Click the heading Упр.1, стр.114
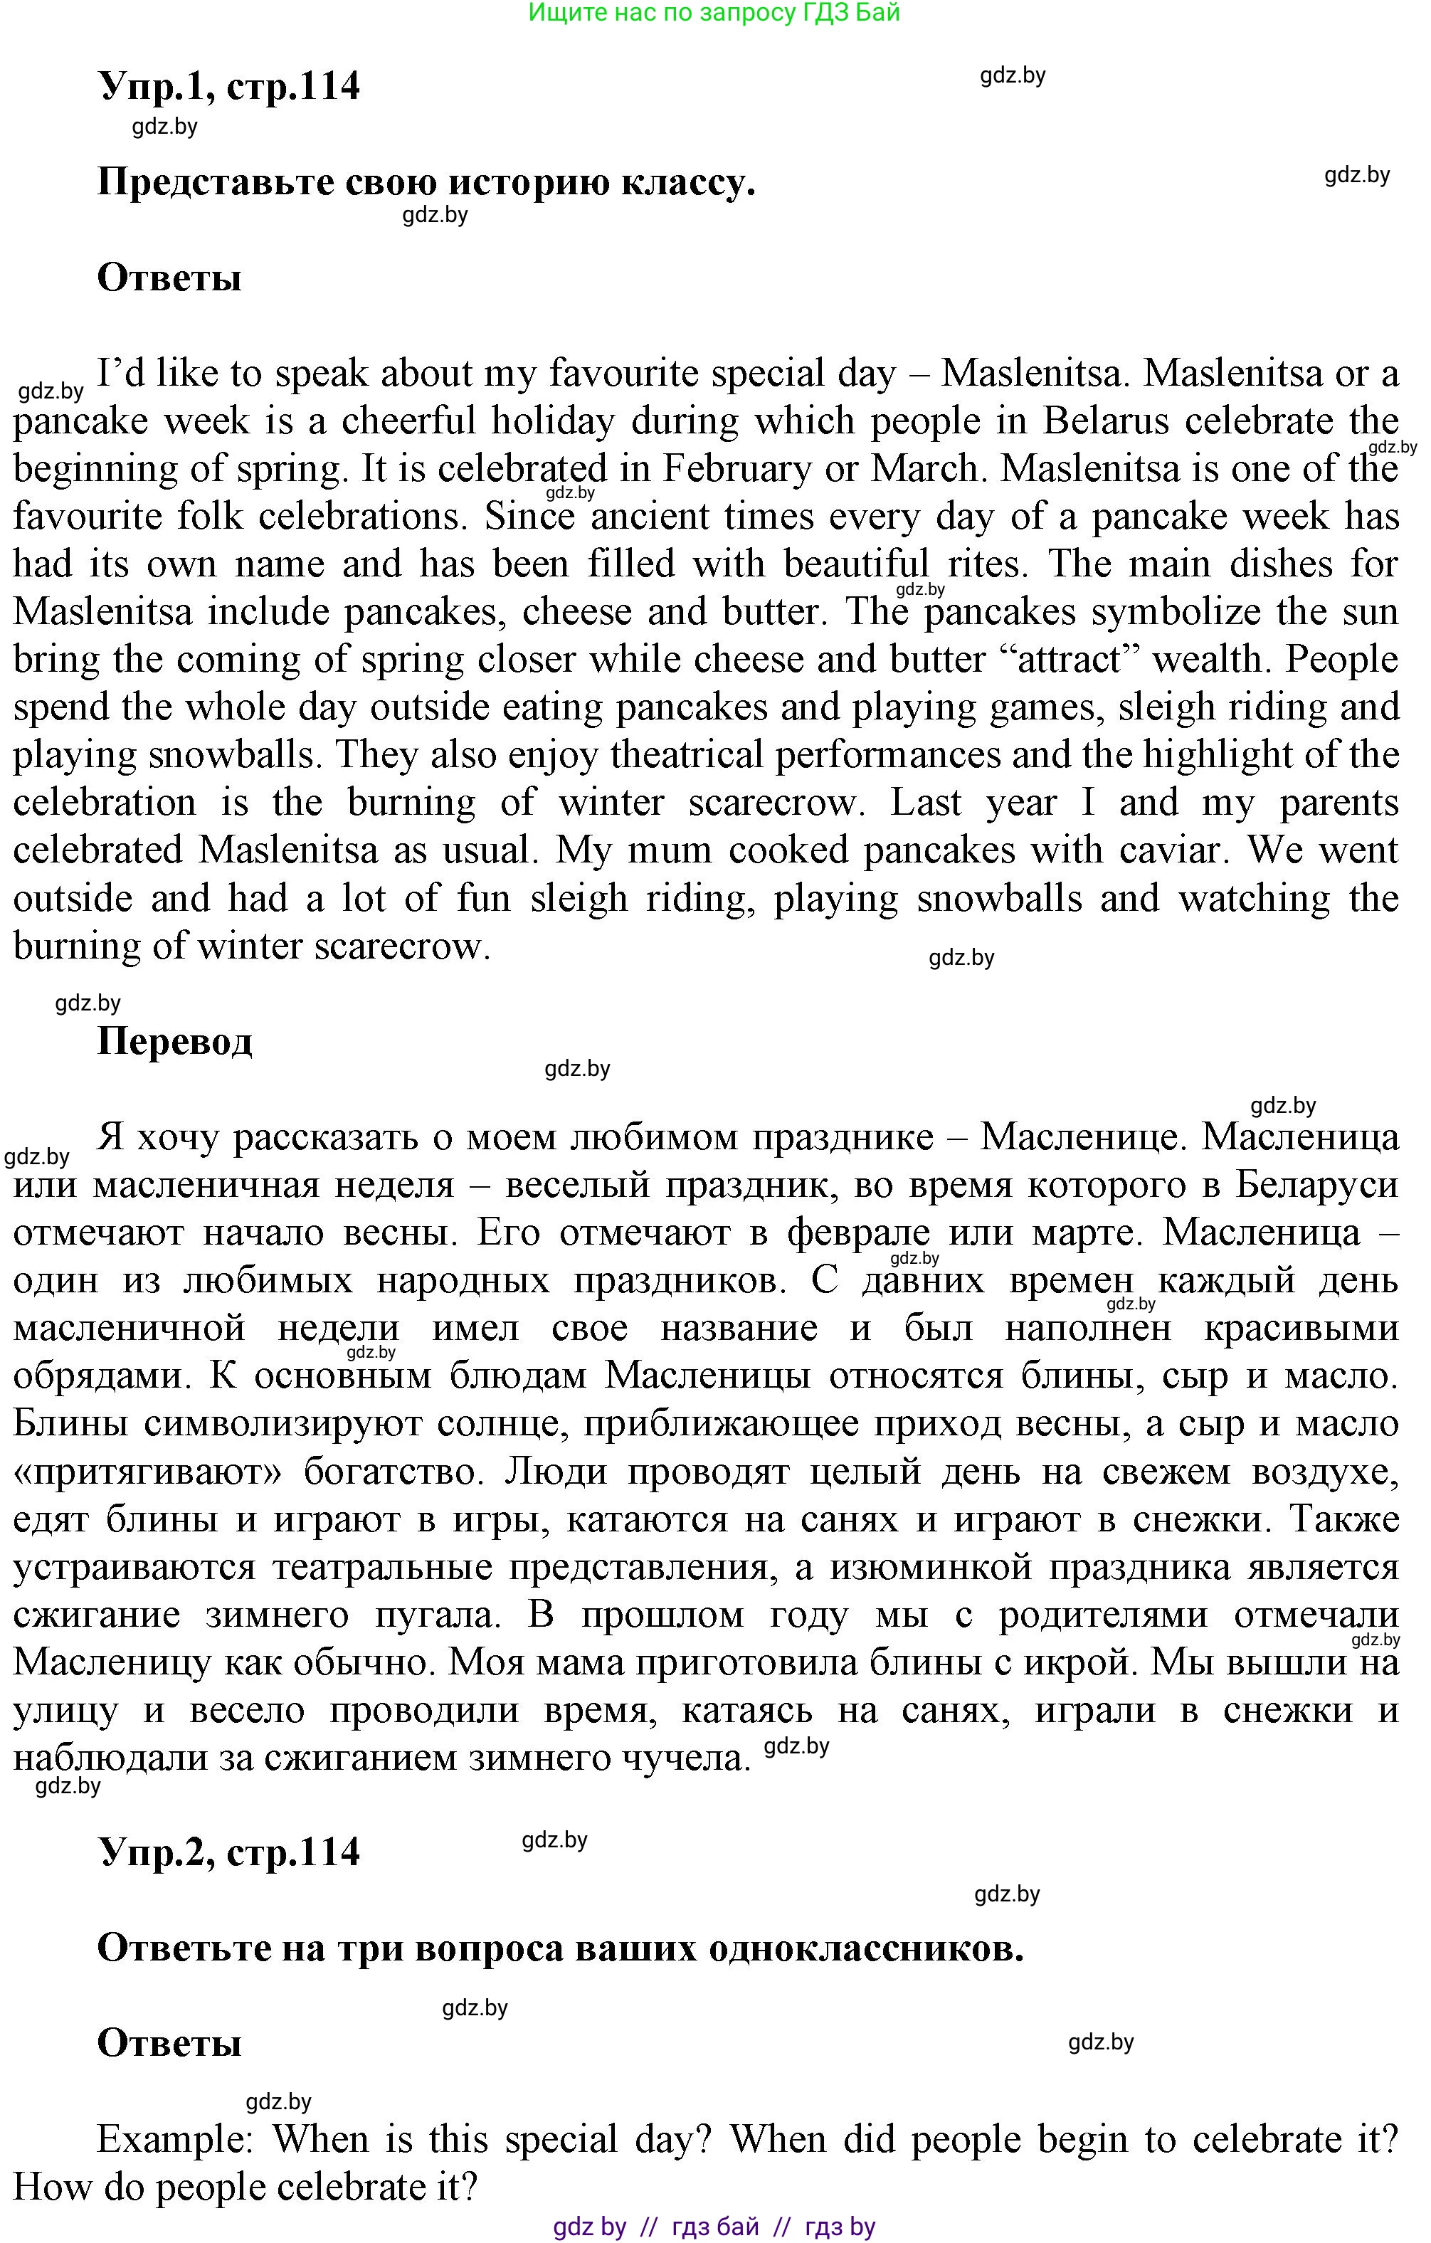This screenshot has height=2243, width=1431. [228, 85]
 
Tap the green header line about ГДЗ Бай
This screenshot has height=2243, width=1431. [714, 13]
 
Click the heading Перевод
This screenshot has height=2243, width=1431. [174, 1040]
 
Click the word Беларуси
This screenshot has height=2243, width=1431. [1316, 1186]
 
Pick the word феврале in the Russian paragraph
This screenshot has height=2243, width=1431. [857, 1233]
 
